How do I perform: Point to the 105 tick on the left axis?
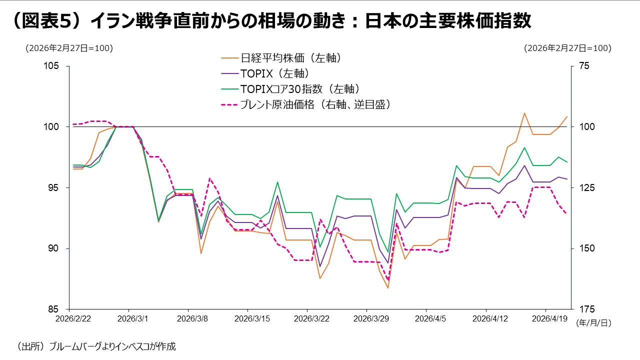coord(52,66)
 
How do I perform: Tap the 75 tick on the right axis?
coord(584,66)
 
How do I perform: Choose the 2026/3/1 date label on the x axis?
coord(128,318)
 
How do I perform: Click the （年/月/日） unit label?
coord(593,323)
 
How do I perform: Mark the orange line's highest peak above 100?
coord(524,113)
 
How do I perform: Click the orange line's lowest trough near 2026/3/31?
coord(387,287)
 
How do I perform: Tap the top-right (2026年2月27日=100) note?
coord(567,48)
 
